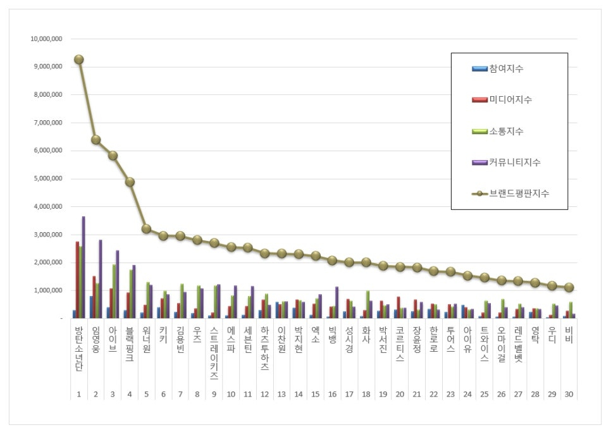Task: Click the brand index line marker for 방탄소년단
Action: [78, 59]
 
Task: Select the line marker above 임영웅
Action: [96, 140]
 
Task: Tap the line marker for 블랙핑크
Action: [130, 182]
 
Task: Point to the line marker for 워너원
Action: [146, 228]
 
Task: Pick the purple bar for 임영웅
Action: [100, 278]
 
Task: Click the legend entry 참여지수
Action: [506, 68]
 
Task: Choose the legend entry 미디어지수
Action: [510, 100]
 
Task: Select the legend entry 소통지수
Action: [506, 131]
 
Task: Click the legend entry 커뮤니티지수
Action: [514, 163]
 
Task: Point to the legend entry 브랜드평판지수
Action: [518, 194]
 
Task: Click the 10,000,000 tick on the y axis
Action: [46, 39]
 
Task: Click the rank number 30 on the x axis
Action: [569, 394]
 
